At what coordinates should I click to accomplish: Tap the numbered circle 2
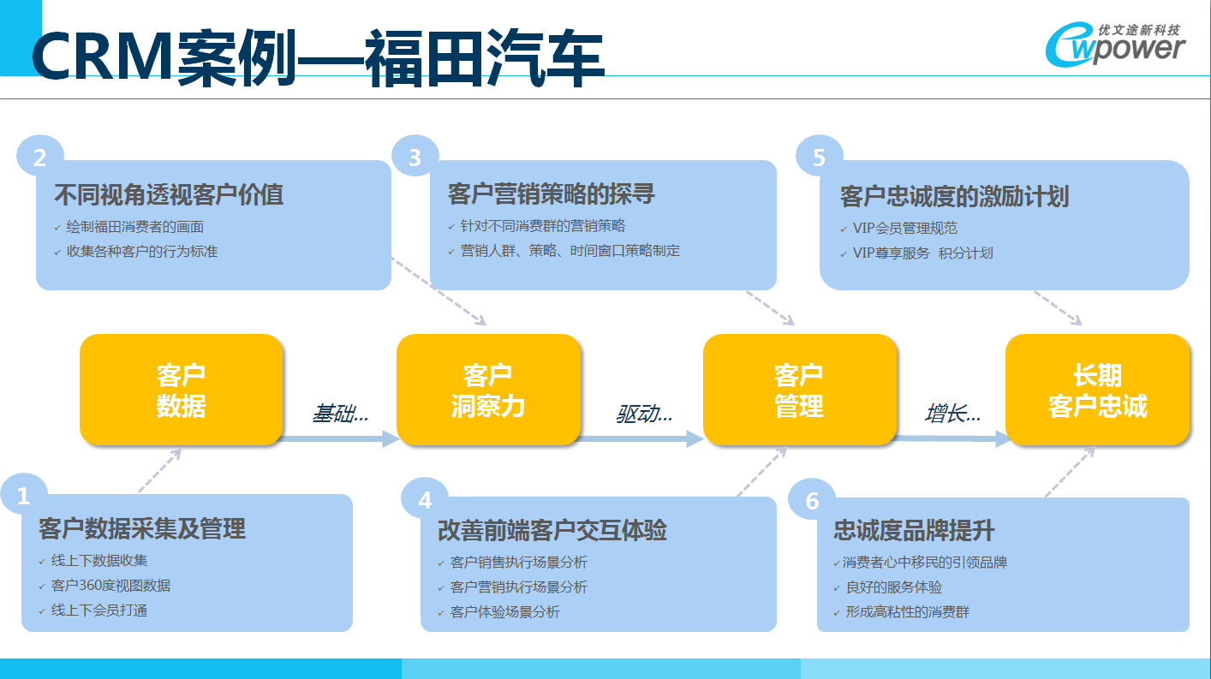pos(40,157)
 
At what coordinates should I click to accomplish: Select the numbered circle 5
pos(819,157)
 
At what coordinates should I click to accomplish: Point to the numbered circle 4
pos(425,499)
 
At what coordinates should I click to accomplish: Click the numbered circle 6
pos(812,500)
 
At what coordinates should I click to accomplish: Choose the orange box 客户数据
pos(181,390)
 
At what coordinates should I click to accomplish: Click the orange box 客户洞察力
pos(489,390)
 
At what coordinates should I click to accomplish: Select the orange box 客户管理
pos(800,390)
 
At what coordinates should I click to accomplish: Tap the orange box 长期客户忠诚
pos(1097,390)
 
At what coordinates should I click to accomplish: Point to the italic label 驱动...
pos(644,414)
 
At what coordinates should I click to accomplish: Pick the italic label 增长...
pos(952,414)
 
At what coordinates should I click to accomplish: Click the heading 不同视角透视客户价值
pos(169,194)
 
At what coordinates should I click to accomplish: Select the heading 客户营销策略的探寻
pos(552,194)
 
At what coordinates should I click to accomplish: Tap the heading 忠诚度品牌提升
pos(914,530)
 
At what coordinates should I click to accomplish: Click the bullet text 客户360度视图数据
pos(110,586)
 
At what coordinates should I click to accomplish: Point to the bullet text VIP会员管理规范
pos(905,228)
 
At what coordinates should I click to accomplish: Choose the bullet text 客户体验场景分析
pos(505,612)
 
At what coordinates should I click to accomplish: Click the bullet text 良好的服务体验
pos(894,587)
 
